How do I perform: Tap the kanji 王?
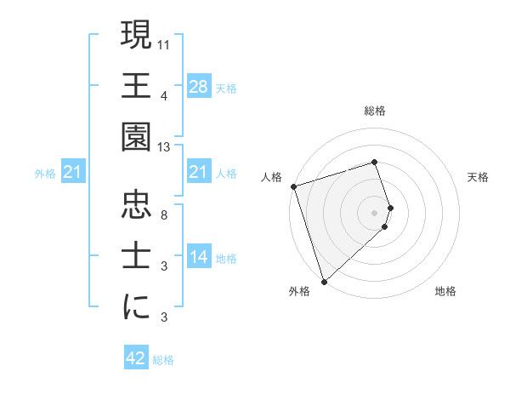click(x=137, y=85)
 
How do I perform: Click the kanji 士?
click(x=137, y=256)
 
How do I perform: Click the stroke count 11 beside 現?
click(x=164, y=43)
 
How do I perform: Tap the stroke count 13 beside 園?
click(x=164, y=148)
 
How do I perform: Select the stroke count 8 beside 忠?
click(x=164, y=214)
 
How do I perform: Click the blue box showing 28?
click(x=198, y=86)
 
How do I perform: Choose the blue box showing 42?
click(x=136, y=358)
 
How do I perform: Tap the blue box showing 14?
click(x=198, y=257)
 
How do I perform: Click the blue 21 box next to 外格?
click(x=73, y=172)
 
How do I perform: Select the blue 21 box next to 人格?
click(x=198, y=172)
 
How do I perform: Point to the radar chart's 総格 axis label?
click(x=374, y=111)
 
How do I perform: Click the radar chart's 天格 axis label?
click(x=479, y=177)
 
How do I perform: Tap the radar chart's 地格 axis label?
click(x=445, y=291)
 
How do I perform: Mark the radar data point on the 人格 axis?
click(x=293, y=186)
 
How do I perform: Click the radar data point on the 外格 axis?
click(x=324, y=281)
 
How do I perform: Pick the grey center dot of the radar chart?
click(x=374, y=212)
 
